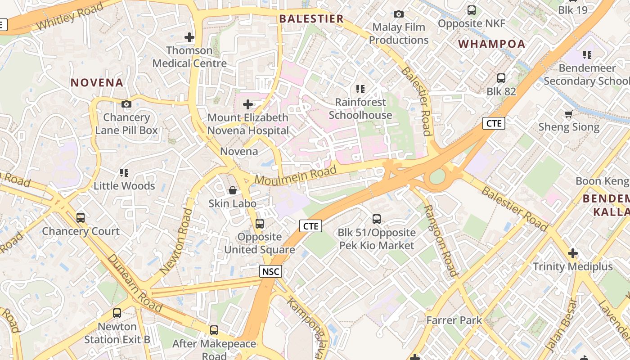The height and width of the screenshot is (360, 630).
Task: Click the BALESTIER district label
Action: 311,19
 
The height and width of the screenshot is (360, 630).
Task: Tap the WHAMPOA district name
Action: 492,44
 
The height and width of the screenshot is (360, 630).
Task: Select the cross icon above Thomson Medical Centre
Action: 189,37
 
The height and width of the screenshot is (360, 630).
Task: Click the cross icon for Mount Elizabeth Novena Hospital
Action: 248,104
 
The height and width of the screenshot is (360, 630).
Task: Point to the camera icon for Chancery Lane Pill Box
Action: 126,104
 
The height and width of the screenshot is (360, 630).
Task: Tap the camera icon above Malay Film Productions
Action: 399,14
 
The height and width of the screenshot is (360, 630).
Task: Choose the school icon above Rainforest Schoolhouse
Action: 360,89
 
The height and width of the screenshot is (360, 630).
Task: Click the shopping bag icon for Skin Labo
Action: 233,190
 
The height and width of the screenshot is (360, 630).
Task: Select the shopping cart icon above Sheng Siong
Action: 569,114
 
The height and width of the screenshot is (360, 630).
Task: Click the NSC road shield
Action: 270,271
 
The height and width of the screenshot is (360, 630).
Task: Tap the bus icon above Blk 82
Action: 501,78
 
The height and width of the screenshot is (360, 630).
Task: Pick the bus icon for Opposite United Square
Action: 260,224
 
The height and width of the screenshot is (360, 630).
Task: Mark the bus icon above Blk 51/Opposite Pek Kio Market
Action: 377,219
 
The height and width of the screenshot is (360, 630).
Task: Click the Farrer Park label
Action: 454,320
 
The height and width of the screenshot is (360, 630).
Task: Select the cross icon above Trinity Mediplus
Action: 572,253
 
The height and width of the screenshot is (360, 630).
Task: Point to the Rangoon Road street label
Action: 441,241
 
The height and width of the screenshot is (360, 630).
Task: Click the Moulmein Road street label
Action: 296,175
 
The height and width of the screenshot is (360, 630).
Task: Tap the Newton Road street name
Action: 176,241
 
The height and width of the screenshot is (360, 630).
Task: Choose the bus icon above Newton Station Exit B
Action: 117,313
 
